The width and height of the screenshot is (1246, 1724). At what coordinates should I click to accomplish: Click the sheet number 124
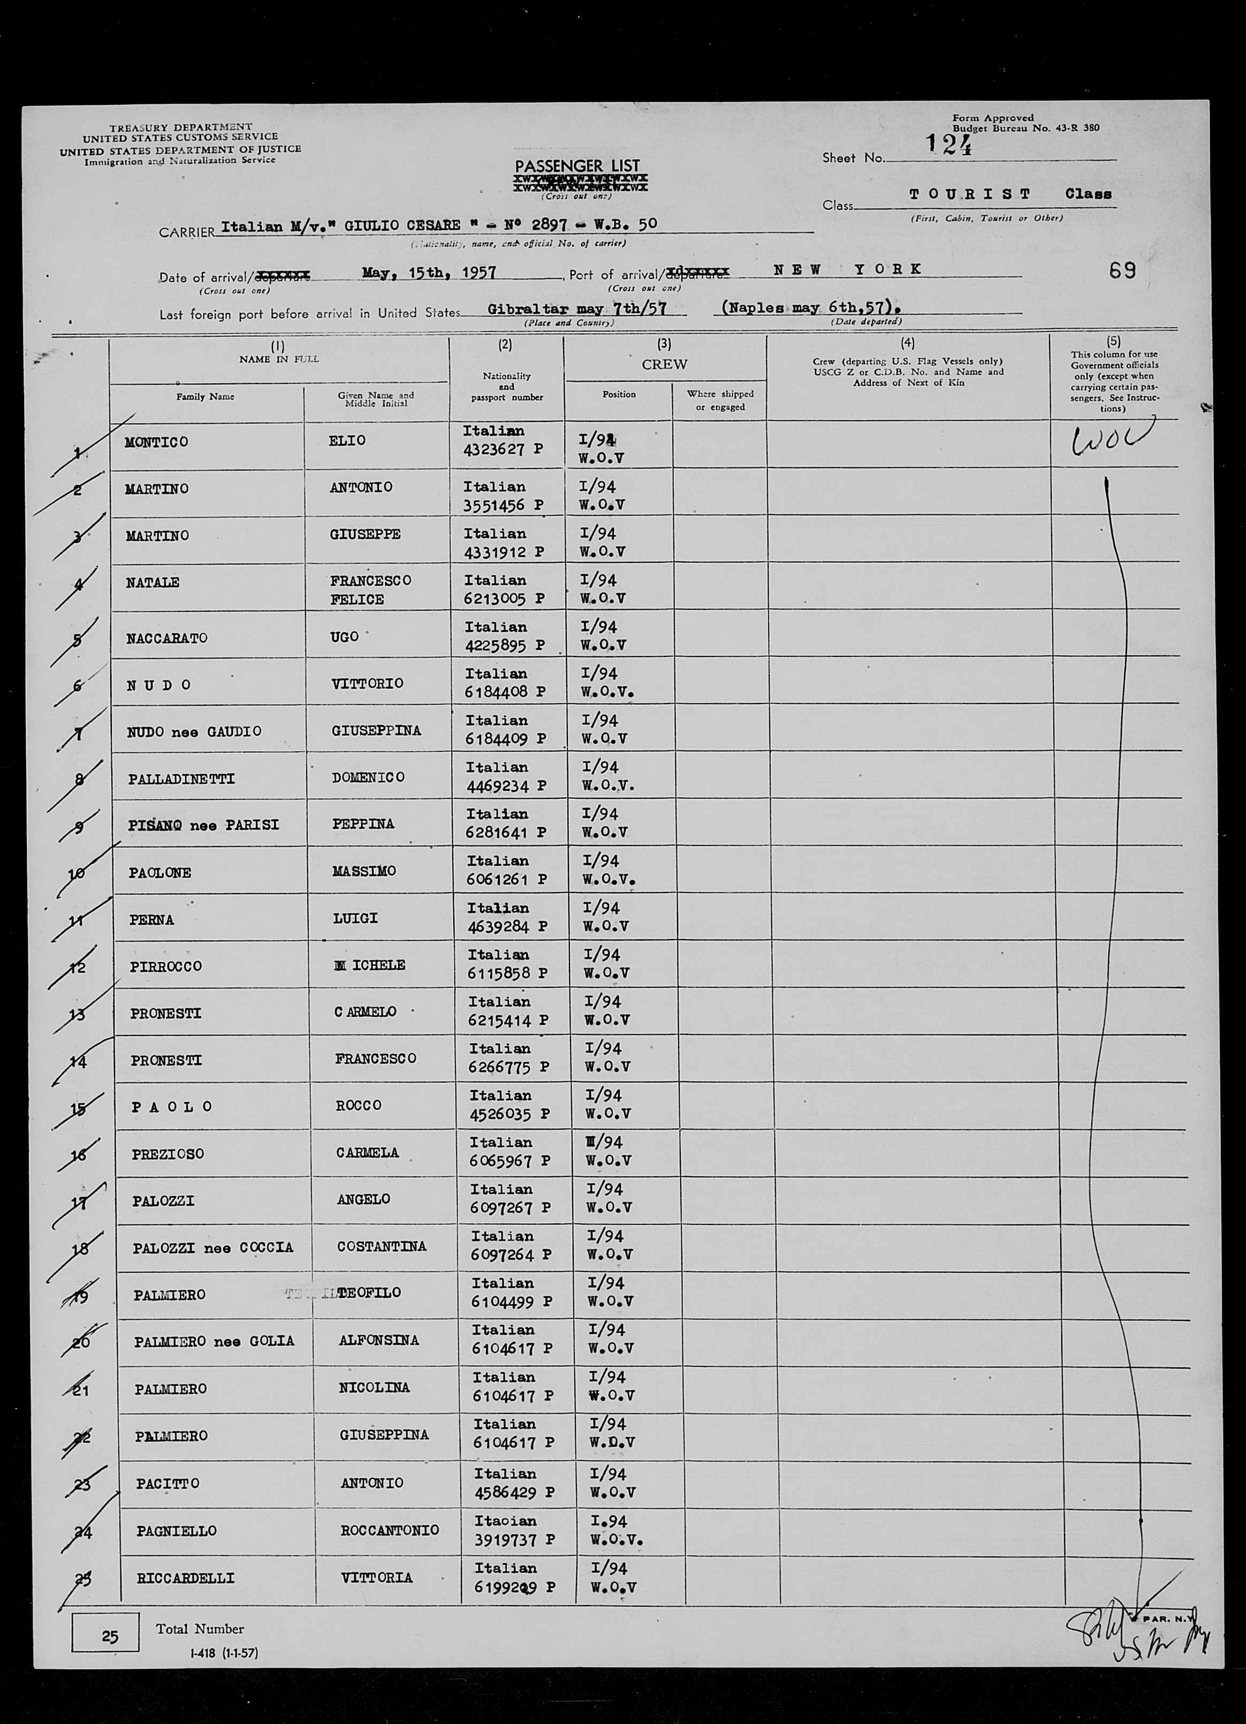click(949, 145)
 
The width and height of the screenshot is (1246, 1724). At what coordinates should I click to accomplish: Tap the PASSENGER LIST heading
click(578, 166)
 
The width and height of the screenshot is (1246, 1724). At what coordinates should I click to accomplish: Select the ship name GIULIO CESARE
click(402, 224)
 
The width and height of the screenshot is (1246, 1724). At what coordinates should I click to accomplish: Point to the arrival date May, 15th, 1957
click(429, 272)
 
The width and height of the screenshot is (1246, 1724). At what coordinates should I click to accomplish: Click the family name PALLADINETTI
click(181, 779)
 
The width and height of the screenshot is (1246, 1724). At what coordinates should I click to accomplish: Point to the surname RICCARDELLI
click(185, 1578)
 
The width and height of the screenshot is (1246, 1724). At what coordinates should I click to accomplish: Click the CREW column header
click(664, 364)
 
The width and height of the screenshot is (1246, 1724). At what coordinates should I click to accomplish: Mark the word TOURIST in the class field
click(970, 194)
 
